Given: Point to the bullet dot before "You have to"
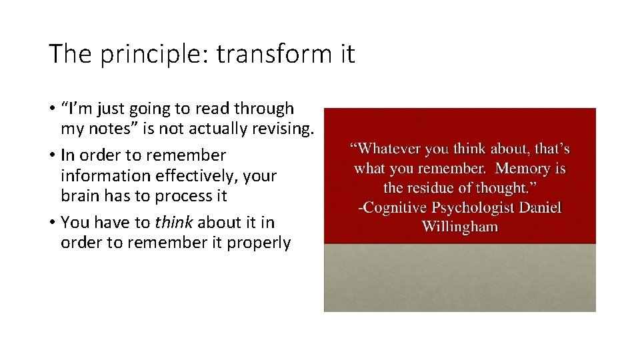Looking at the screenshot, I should [51, 223].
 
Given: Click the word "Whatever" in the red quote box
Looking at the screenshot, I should [387, 149].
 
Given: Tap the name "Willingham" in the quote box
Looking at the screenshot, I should [459, 226].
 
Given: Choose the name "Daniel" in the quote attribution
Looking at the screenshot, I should [540, 207].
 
